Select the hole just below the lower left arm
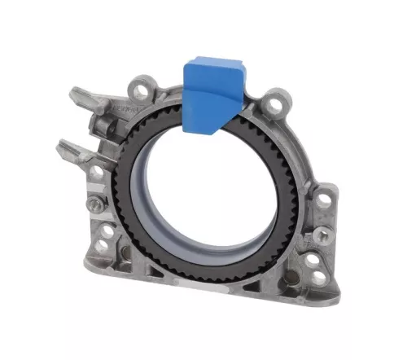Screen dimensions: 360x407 tap(97, 172)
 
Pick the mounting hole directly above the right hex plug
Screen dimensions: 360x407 tap(323, 198)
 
